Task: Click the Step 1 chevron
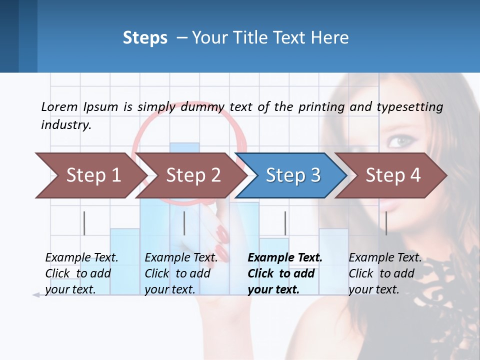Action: tap(92, 175)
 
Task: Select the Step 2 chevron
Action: tap(192, 175)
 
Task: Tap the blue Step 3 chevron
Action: tap(292, 175)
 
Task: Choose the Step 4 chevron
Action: tap(392, 175)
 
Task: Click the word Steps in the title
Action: tap(145, 37)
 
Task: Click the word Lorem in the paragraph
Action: tap(59, 106)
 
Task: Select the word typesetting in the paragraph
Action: tap(409, 107)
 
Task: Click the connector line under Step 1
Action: tap(84, 223)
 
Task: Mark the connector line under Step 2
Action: tap(184, 223)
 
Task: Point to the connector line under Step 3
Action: tap(285, 223)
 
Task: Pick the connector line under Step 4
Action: tap(386, 223)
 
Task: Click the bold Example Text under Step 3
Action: tap(285, 258)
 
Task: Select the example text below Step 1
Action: tap(81, 273)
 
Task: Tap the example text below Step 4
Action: tap(385, 273)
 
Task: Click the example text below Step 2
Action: tap(181, 273)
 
